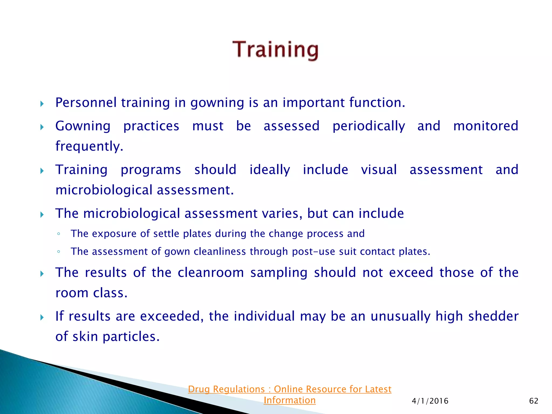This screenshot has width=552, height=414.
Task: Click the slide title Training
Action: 275,50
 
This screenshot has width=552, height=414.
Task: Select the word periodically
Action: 368,126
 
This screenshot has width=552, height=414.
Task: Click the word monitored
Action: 486,126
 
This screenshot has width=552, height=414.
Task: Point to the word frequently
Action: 89,147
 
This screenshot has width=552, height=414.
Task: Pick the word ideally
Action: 270,170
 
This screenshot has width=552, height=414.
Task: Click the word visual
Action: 379,170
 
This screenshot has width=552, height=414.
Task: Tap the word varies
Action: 282,213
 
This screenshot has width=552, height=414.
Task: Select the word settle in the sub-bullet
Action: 166,234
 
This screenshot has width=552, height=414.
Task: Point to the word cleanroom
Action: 211,272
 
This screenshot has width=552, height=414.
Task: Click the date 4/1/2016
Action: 430,401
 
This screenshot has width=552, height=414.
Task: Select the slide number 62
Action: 534,401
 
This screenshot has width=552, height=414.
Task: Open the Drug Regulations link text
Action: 289,389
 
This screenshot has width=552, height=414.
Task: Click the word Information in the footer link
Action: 289,401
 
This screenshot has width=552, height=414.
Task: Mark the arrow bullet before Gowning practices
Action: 42,127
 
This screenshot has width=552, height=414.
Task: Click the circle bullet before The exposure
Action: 58,234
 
